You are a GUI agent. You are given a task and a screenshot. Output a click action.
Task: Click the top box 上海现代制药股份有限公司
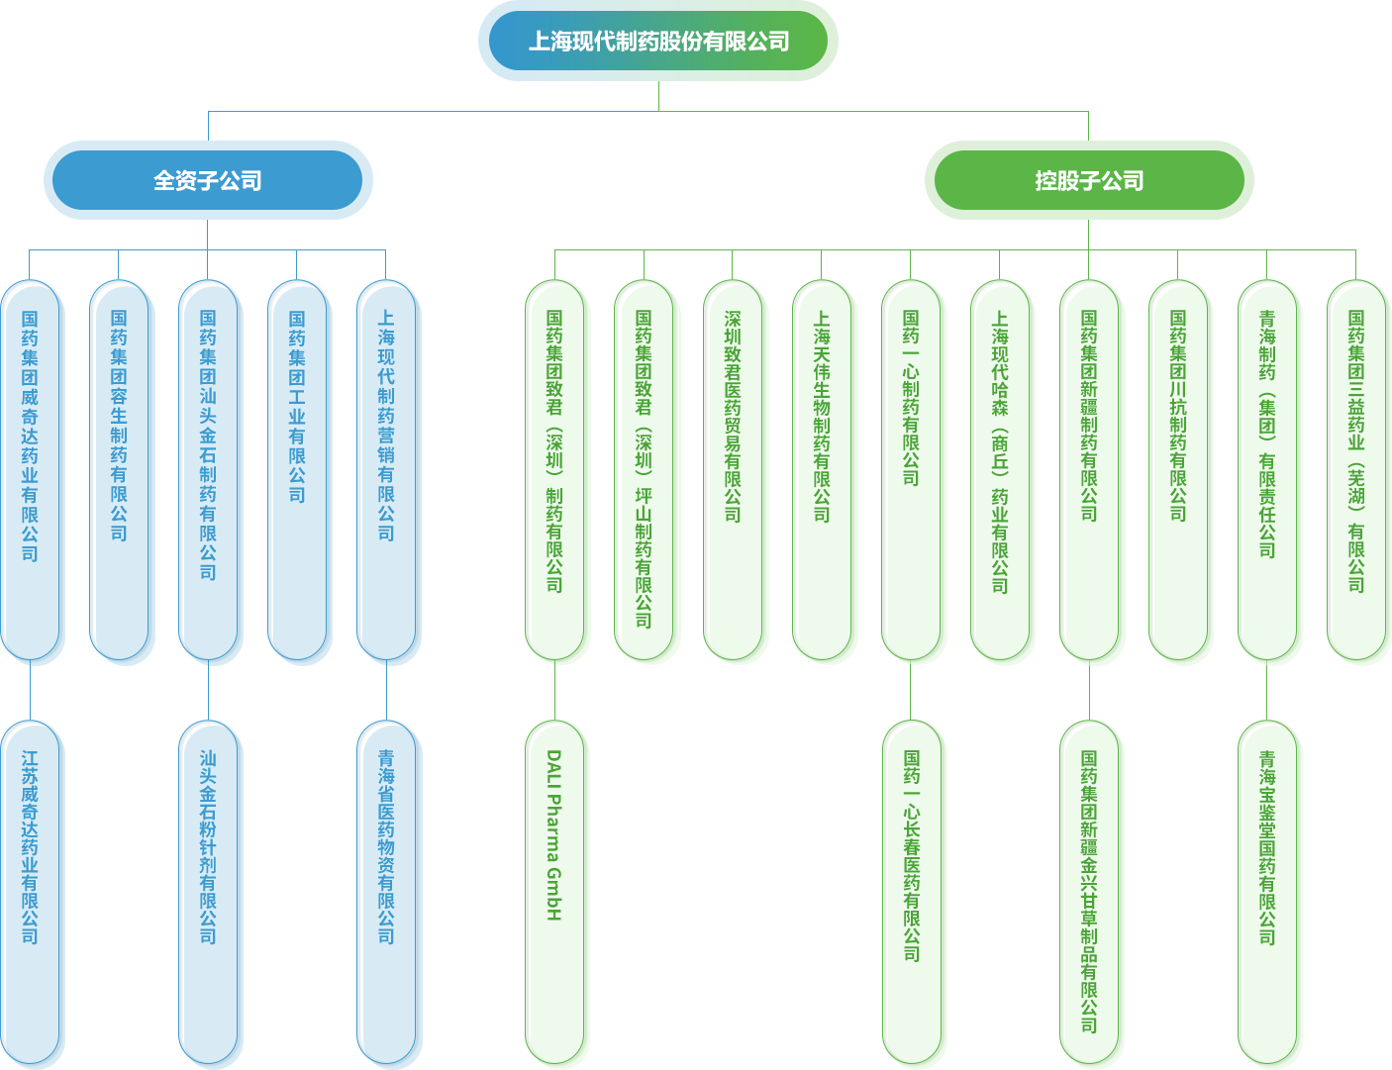pyautogui.click(x=657, y=41)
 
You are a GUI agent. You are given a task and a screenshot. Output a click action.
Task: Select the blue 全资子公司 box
pyautogui.click(x=208, y=180)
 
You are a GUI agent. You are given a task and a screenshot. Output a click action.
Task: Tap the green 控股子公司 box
pyautogui.click(x=1088, y=180)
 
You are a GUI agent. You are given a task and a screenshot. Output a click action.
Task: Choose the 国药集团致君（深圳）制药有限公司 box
pyautogui.click(x=555, y=470)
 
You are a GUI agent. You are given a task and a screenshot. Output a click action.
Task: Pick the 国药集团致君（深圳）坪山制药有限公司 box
pyautogui.click(x=645, y=470)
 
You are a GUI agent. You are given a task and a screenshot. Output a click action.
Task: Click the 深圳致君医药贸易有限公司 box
pyautogui.click(x=734, y=470)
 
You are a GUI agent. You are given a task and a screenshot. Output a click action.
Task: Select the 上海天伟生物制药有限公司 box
pyautogui.click(x=823, y=470)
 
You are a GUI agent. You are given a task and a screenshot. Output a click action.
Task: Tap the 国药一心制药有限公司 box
pyautogui.click(x=912, y=470)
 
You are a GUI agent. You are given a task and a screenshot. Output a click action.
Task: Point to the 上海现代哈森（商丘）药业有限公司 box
pyautogui.click(x=1001, y=470)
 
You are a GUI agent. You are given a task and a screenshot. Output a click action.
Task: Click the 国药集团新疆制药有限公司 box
pyautogui.click(x=1090, y=470)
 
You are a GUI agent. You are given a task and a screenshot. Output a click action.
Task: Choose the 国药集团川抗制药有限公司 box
pyautogui.click(x=1179, y=470)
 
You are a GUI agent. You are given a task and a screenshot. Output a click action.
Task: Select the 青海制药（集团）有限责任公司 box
pyautogui.click(x=1268, y=470)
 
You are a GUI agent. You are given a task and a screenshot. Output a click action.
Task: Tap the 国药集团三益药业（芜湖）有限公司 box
pyautogui.click(x=1357, y=470)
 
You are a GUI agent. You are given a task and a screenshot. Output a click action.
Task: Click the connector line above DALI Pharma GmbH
pyautogui.click(x=554, y=691)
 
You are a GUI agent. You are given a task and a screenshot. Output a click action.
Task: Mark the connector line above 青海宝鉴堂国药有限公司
pyautogui.click(x=1267, y=691)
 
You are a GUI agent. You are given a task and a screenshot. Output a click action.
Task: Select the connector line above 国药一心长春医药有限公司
pyautogui.click(x=910, y=691)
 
